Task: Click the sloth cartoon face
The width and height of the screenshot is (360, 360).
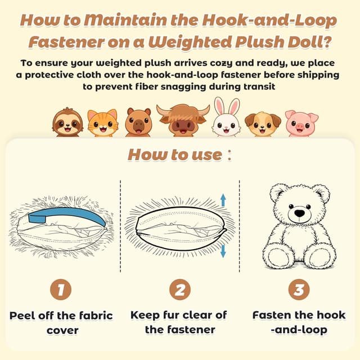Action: click(x=67, y=122)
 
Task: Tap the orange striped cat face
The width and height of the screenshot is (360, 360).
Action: click(x=102, y=123)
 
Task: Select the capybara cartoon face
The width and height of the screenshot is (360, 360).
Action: click(x=138, y=123)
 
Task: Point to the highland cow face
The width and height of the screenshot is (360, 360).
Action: click(x=183, y=120)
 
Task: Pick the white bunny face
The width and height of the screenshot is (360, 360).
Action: click(x=226, y=117)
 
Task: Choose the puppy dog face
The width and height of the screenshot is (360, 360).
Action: click(x=263, y=124)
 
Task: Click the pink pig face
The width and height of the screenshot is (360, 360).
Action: click(x=301, y=123)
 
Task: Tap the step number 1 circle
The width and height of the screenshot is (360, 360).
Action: click(x=61, y=290)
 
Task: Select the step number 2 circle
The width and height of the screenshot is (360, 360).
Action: click(x=180, y=290)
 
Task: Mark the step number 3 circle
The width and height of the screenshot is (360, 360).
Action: click(x=299, y=290)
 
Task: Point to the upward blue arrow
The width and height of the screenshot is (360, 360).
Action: click(x=223, y=200)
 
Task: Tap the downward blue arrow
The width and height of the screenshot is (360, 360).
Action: click(x=223, y=251)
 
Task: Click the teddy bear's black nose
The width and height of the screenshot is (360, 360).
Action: click(x=300, y=213)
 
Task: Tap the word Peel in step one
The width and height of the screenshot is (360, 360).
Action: click(x=22, y=316)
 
